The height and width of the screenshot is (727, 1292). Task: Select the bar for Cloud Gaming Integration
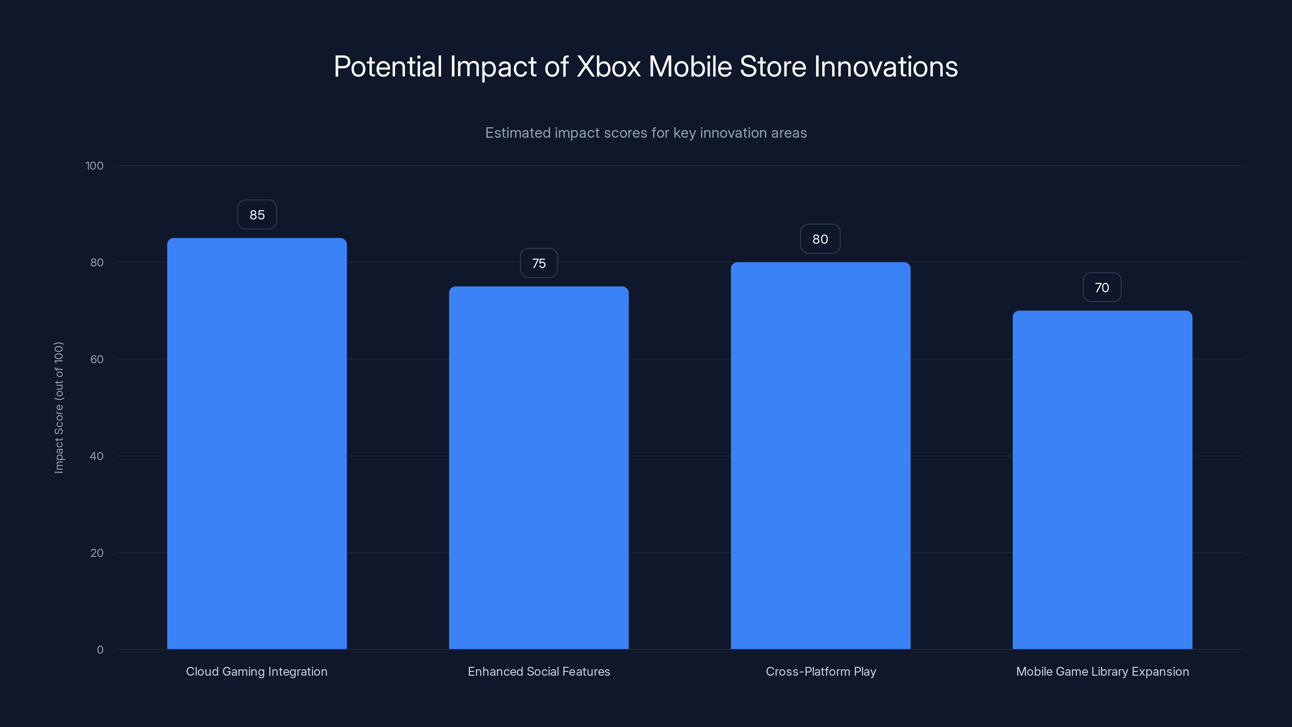[257, 443]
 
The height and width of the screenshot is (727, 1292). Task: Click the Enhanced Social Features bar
[539, 468]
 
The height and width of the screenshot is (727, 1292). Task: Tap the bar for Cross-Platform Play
[820, 456]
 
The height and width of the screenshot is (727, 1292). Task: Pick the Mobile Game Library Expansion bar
[1102, 480]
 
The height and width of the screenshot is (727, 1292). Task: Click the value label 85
[257, 215]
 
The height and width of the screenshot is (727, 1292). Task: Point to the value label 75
[539, 263]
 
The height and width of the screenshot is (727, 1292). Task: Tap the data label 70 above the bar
[1102, 288]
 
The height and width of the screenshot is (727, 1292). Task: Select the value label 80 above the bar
[820, 240]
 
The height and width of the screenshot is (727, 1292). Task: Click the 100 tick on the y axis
[94, 166]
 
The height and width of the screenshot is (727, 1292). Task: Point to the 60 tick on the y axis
[97, 359]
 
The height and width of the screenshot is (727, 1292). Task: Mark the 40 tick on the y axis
[97, 456]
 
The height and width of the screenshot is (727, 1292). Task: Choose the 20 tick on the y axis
[97, 553]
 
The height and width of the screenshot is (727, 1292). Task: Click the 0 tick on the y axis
[100, 650]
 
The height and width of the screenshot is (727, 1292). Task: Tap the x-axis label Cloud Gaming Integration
[257, 671]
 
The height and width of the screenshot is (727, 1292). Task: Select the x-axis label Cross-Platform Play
[820, 671]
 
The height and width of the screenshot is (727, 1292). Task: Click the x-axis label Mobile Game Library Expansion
[1102, 671]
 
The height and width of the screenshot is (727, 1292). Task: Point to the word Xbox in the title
[608, 67]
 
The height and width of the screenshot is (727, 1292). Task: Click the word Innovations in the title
[885, 67]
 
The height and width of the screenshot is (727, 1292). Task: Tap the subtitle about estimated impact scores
[646, 133]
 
